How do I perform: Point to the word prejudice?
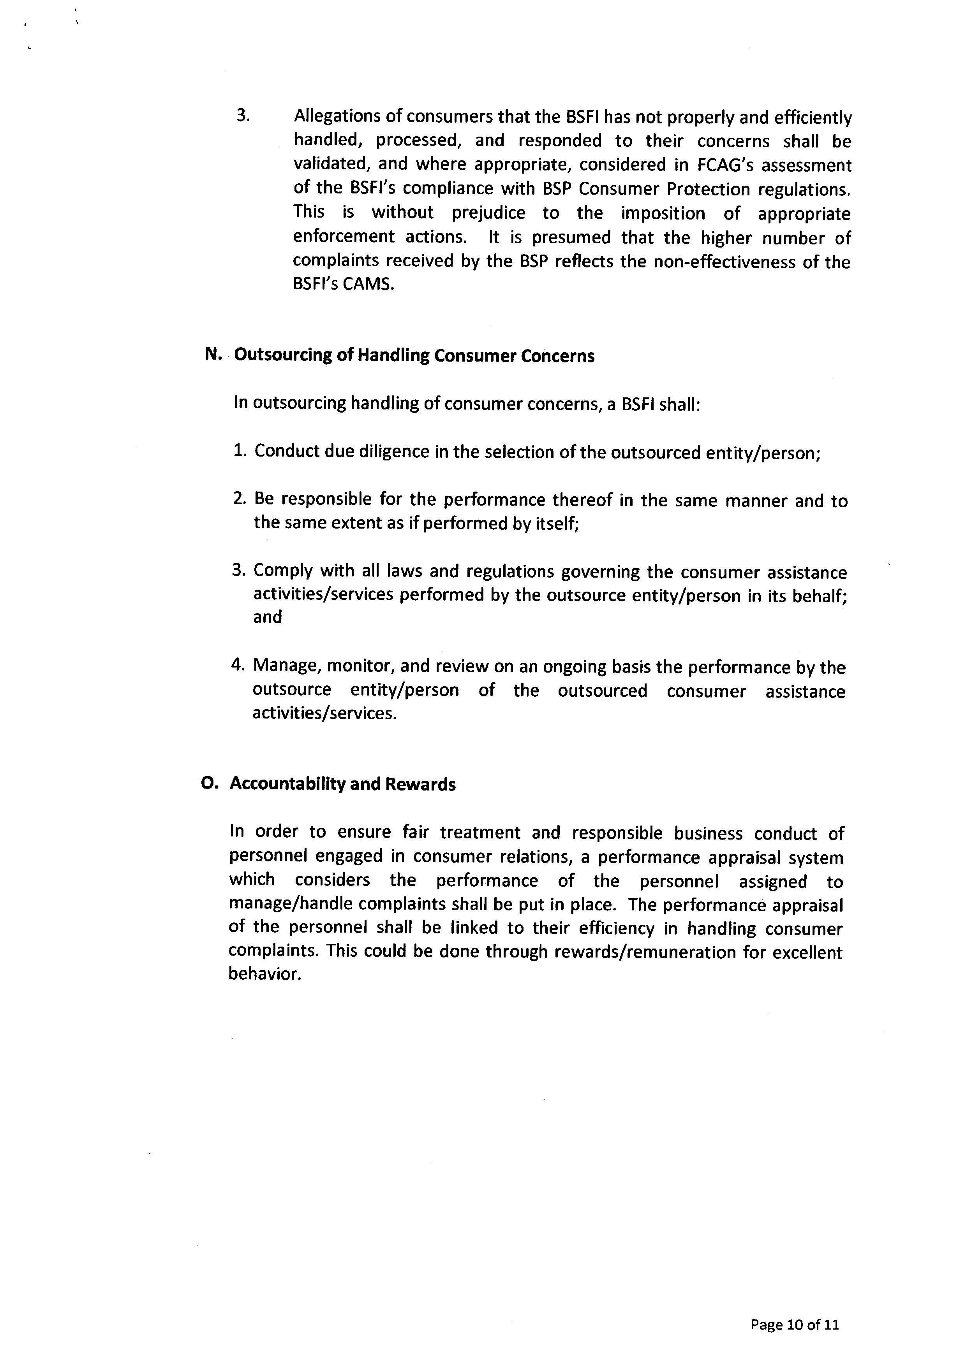488,213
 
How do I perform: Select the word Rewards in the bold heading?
421,784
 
